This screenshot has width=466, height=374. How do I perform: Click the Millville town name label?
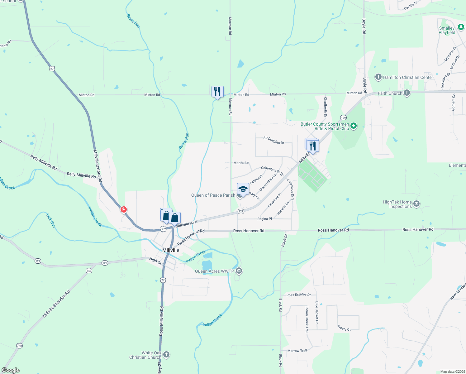(171, 250)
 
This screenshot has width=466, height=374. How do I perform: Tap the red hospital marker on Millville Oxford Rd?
(124, 209)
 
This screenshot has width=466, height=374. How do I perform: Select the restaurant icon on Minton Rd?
(217, 92)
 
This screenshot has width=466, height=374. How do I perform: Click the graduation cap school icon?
(243, 189)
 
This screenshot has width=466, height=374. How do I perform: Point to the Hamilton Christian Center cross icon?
(378, 77)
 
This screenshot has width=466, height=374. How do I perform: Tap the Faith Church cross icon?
(407, 93)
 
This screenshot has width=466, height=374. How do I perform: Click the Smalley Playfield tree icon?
(461, 27)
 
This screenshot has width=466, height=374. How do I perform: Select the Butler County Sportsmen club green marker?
(353, 126)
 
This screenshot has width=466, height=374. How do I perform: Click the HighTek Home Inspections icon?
(417, 204)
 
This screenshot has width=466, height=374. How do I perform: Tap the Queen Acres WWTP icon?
(239, 271)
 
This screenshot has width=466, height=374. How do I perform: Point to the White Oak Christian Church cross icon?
(166, 354)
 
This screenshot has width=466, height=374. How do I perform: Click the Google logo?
(11, 370)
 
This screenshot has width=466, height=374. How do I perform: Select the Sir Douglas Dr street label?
(274, 140)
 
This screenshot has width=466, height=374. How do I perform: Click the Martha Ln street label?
(241, 163)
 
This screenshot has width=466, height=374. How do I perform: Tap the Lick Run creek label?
(50, 220)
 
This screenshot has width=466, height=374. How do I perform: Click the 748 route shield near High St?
(89, 271)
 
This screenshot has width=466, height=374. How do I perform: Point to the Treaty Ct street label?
(344, 328)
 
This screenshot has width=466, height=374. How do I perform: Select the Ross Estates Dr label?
(298, 295)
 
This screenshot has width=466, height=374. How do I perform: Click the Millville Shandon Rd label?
(56, 304)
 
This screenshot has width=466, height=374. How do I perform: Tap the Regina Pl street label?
(264, 219)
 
